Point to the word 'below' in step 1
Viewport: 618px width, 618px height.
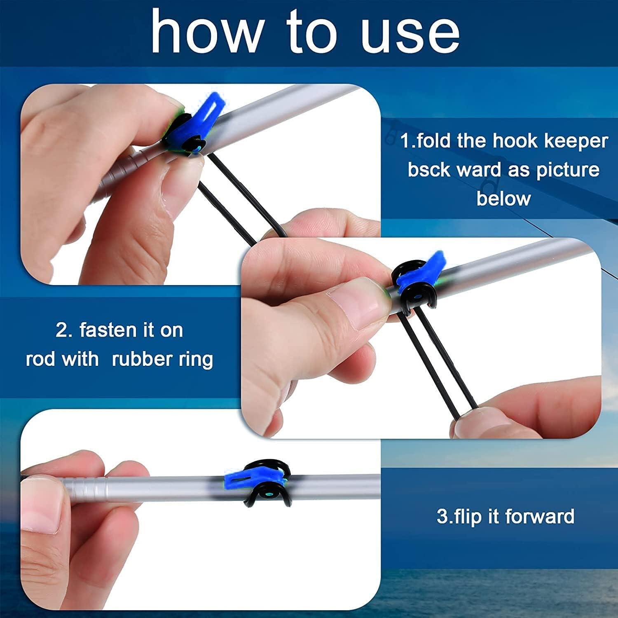coord(503,199)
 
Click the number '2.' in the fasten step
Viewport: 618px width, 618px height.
coord(64,330)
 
